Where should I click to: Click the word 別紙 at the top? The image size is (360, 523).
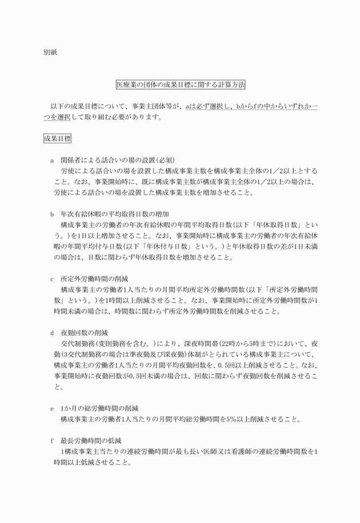click(50, 52)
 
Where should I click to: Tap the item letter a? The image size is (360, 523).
click(52, 160)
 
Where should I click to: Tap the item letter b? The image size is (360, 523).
click(52, 214)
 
